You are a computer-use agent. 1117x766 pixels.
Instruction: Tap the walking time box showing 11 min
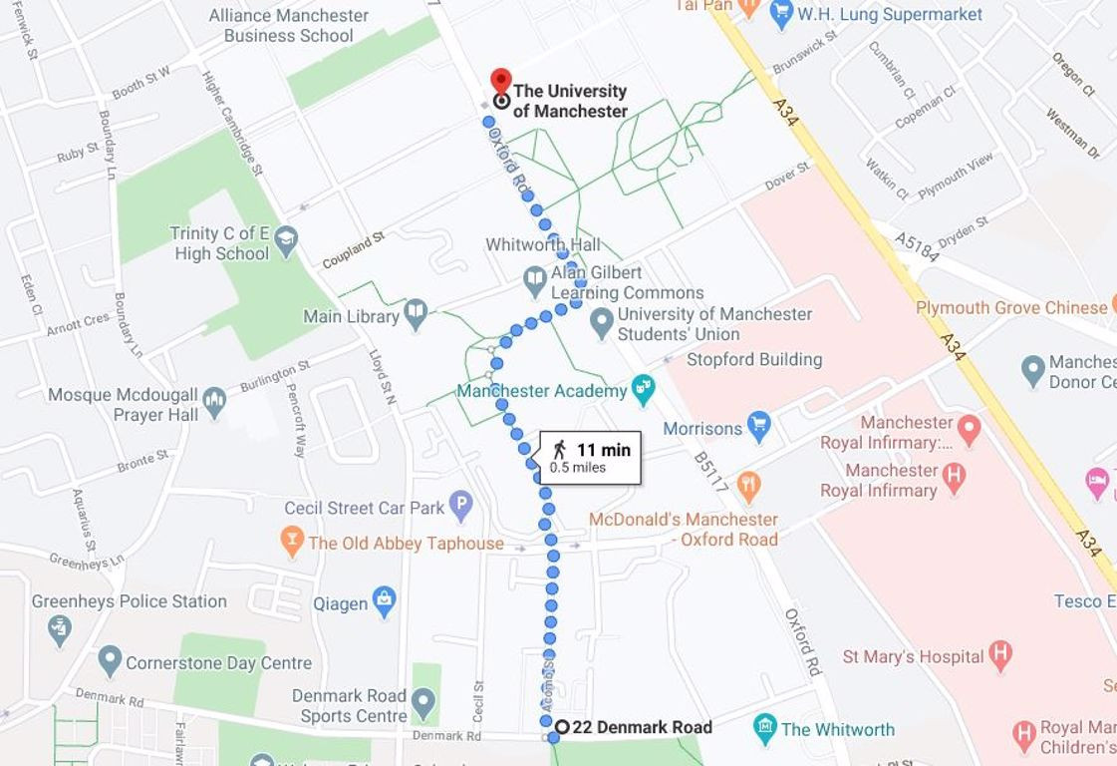(591, 458)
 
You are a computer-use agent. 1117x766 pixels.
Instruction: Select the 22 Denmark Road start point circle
(562, 727)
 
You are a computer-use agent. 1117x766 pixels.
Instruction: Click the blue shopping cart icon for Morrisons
(759, 427)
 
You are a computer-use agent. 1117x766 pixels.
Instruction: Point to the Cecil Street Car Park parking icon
(460, 507)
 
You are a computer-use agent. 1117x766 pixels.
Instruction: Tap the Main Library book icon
(416, 315)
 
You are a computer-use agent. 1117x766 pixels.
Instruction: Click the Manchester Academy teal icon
(644, 389)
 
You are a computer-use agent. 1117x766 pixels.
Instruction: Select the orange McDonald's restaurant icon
(748, 486)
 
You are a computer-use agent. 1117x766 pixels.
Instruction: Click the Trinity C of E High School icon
(287, 239)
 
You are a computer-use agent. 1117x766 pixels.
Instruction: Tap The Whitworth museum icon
(764, 728)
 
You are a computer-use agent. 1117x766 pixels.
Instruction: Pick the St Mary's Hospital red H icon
(1000, 655)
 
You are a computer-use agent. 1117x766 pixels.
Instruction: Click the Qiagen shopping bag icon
(384, 600)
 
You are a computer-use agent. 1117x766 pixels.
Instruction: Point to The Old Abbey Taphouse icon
(291, 542)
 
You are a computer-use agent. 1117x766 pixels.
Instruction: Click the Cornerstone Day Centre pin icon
(110, 661)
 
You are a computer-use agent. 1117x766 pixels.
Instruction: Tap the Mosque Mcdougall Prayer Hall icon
(214, 403)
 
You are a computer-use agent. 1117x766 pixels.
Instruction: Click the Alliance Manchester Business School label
(288, 26)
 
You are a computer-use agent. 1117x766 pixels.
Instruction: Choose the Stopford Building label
(754, 359)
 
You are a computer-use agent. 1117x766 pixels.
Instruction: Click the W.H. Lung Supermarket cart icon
(780, 13)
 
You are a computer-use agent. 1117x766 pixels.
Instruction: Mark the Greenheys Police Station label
(130, 601)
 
